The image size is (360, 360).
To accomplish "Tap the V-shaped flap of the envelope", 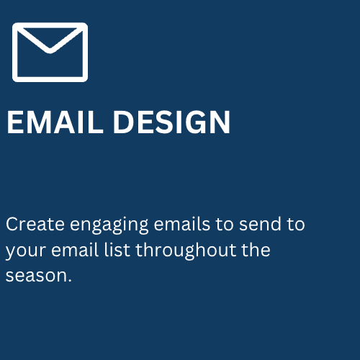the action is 50,50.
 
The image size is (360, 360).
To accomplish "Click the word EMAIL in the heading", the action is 55,122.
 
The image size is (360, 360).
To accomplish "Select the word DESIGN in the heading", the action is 171,122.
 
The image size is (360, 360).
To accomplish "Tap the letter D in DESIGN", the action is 124,122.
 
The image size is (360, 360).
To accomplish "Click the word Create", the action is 35,224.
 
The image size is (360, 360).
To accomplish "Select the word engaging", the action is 109,225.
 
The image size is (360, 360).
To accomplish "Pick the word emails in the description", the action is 182,224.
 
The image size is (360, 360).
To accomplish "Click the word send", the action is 260,224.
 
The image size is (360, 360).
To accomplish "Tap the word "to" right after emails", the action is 225,225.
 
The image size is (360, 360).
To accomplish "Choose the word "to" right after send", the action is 296,225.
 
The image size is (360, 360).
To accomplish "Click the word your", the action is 25,251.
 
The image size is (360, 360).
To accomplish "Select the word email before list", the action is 75,250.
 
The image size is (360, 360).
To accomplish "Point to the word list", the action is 117,250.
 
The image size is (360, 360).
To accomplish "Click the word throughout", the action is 186,251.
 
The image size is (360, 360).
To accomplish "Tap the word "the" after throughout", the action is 256,250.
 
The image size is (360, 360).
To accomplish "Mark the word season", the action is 35,276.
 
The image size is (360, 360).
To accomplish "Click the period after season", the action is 70,280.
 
